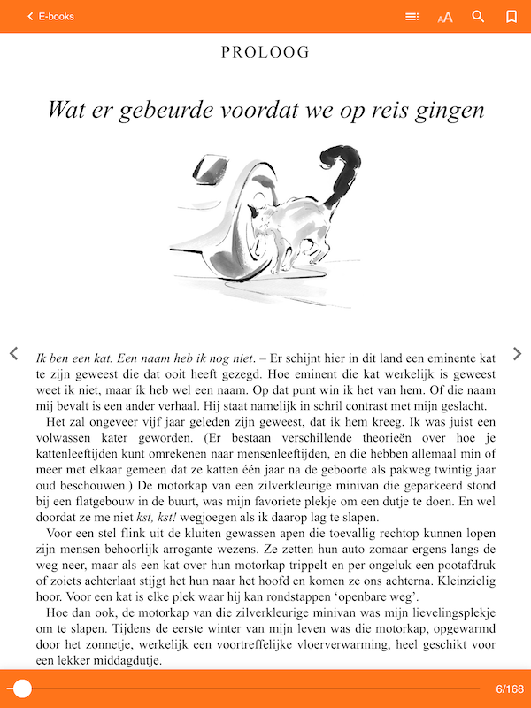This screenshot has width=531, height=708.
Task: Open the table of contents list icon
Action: tap(412, 16)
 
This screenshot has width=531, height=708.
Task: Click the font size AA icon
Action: tap(445, 17)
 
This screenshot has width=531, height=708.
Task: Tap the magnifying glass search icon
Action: tap(479, 16)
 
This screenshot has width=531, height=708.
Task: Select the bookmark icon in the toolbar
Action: tap(511, 16)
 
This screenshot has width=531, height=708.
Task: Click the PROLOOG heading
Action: tap(265, 52)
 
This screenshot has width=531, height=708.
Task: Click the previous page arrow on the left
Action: tap(13, 354)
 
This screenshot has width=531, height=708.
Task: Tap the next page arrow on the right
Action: tap(518, 354)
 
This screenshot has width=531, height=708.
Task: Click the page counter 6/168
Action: tap(510, 689)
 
